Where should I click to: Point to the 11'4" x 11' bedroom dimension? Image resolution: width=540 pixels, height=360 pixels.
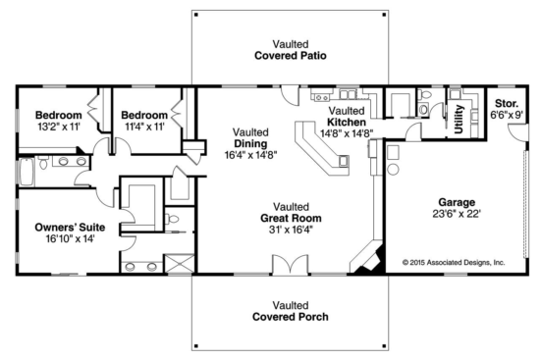(x=143, y=127)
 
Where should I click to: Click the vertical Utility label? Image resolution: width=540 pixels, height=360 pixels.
(x=459, y=117)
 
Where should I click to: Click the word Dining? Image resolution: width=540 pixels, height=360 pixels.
(x=250, y=142)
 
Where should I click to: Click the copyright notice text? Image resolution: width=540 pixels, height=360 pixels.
(x=453, y=263)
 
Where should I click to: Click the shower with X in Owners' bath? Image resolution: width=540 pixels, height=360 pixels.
(x=178, y=264)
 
